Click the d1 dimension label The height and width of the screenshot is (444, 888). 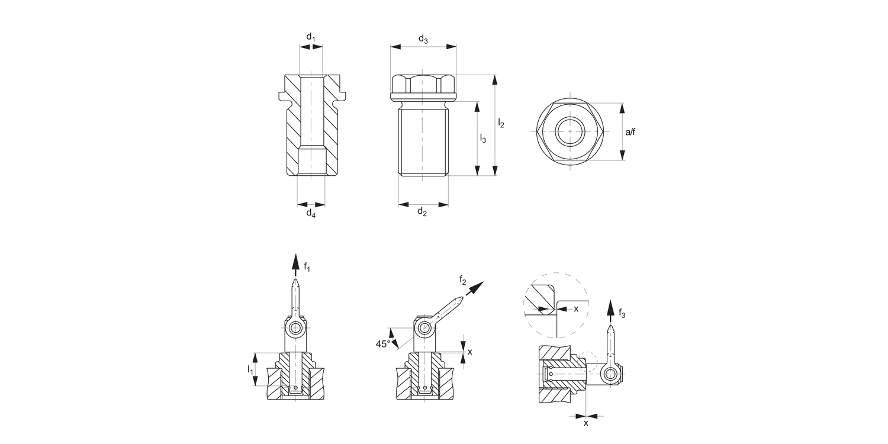pos(311,37)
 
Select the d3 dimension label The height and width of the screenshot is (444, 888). pos(423,39)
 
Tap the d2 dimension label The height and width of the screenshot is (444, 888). pos(422,212)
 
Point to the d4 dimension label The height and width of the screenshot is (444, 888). pos(311,214)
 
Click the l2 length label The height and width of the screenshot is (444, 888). pos(501,123)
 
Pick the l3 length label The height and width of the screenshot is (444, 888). pos(482,139)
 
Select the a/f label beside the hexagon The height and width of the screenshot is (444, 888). pos(630,131)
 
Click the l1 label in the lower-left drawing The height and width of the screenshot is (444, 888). pos(250,369)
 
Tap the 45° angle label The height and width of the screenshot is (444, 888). pos(383,343)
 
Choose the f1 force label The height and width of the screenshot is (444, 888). pos(307,267)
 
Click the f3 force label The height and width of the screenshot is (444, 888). pos(622,314)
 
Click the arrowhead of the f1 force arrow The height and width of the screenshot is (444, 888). pos(295,261)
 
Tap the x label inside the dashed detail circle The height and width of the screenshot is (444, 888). pos(576,308)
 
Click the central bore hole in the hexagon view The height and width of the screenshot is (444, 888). pos(570,131)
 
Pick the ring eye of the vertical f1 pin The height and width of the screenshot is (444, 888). pos(295,329)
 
